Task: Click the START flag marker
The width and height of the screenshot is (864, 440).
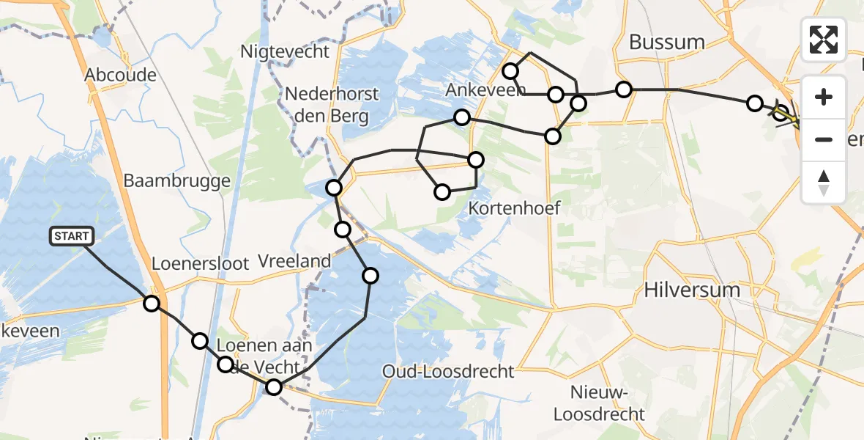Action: tap(72, 236)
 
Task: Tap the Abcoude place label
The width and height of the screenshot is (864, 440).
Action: tap(121, 75)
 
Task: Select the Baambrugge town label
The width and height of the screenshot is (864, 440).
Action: tap(177, 180)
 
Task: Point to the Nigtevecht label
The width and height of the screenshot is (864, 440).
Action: tap(286, 52)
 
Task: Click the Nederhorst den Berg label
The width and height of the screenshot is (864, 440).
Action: tap(332, 105)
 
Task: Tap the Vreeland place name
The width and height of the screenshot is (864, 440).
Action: tap(295, 261)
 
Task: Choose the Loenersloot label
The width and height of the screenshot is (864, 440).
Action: tap(201, 263)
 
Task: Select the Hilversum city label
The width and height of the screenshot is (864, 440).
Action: tap(692, 290)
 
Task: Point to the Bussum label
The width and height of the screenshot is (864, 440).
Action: tap(666, 42)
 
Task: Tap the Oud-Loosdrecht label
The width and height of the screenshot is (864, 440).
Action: tap(448, 372)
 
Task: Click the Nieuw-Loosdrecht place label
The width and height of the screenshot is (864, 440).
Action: tap(599, 404)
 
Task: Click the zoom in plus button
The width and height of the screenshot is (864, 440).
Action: tap(824, 97)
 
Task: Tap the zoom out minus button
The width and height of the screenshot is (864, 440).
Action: tap(824, 139)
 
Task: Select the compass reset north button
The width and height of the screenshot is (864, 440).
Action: tap(824, 182)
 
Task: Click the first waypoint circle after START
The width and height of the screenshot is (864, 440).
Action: tap(152, 303)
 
